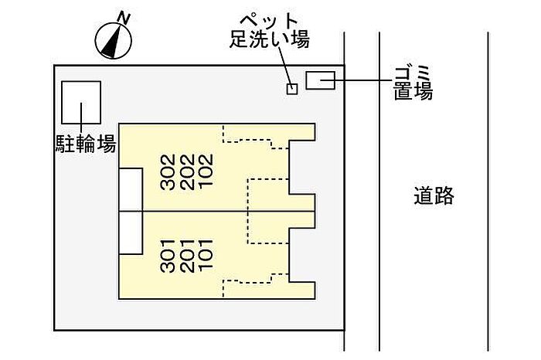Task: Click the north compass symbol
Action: click(x=114, y=40)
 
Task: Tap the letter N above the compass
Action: click(x=124, y=18)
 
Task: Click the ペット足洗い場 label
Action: click(x=270, y=30)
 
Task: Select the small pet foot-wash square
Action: click(x=292, y=89)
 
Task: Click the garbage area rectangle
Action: click(x=321, y=80)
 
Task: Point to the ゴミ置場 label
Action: click(x=413, y=83)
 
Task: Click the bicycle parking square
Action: click(x=81, y=103)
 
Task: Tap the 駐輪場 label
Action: click(x=86, y=144)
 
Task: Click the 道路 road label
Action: click(x=434, y=195)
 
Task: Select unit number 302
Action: click(x=168, y=172)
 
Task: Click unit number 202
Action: click(x=187, y=172)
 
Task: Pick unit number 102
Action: click(x=206, y=172)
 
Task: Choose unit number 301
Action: click(x=168, y=256)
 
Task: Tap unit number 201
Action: click(x=187, y=256)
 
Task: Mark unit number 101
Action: click(x=206, y=256)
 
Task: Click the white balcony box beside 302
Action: click(x=131, y=189)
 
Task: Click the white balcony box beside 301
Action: click(x=131, y=233)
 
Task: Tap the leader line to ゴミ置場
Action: click(x=356, y=80)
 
